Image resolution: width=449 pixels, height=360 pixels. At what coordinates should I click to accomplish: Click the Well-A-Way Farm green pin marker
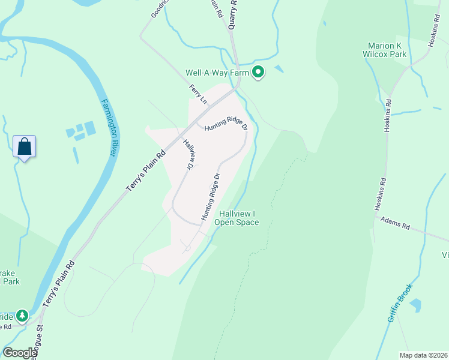(x=259, y=72)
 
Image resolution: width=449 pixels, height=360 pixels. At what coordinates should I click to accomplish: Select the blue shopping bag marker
(x=25, y=146)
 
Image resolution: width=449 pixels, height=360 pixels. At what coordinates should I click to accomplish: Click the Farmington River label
(x=109, y=127)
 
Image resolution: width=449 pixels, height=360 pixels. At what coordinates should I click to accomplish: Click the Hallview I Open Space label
(x=238, y=218)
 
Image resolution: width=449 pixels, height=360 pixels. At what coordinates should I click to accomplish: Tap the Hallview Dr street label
(x=190, y=153)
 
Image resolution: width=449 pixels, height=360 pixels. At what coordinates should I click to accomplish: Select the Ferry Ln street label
(x=197, y=95)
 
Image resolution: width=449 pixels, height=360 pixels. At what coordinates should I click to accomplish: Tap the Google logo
(x=20, y=353)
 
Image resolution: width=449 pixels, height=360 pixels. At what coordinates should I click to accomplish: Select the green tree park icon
(x=22, y=315)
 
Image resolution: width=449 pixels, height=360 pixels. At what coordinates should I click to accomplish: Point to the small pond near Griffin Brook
(x=415, y=305)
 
